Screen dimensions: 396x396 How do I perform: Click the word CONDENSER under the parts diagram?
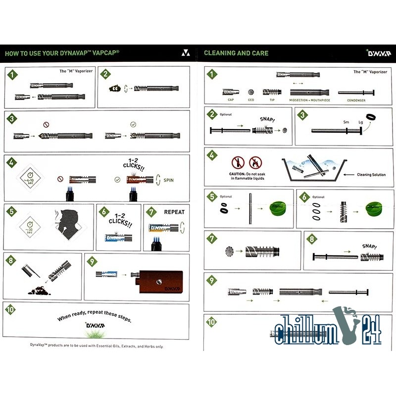point(356,100)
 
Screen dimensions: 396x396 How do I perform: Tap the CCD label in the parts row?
point(251,100)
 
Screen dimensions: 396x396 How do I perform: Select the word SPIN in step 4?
point(169,181)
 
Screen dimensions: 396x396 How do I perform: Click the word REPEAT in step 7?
point(174,212)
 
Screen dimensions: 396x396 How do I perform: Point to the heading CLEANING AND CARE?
point(236,53)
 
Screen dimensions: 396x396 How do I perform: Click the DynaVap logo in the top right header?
point(378,52)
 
